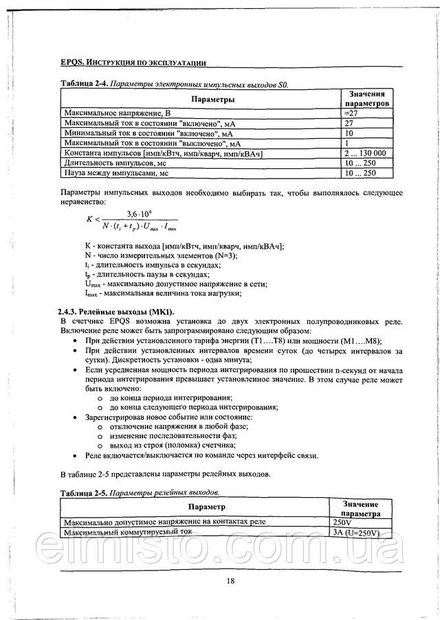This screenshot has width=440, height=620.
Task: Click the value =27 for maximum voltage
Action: pyautogui.click(x=351, y=111)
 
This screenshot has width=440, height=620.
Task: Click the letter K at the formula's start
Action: pyautogui.click(x=89, y=219)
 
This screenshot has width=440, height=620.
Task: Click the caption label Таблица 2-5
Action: pyautogui.click(x=83, y=493)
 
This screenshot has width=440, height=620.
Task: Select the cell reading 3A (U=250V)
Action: pyautogui.click(x=355, y=532)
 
